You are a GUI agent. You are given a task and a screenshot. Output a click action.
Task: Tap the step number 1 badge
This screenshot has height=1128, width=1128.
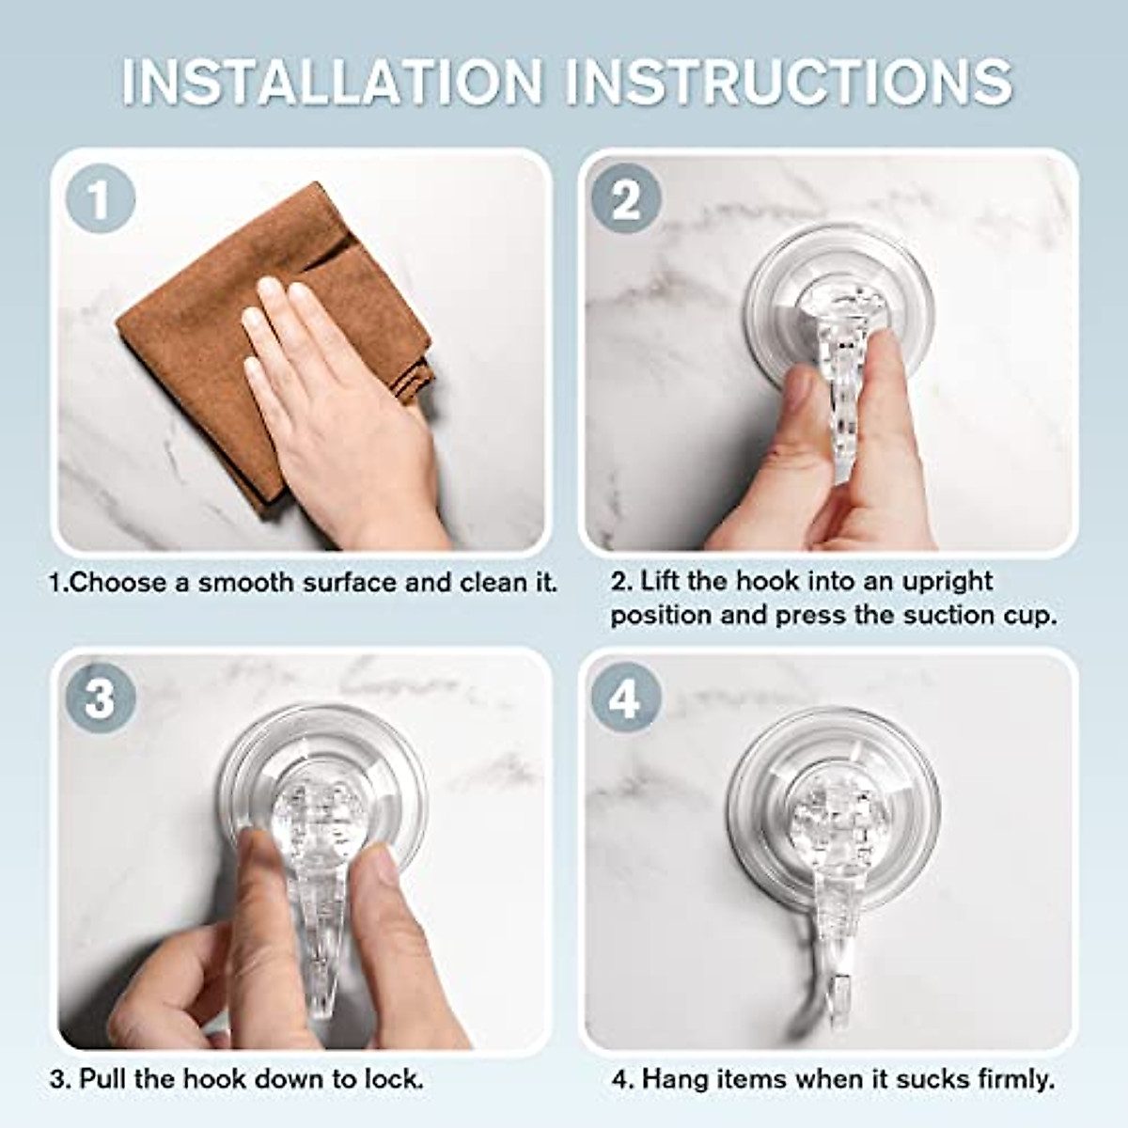(100, 200)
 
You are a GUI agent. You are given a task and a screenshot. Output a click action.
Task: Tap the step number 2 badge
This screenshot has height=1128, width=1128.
(626, 200)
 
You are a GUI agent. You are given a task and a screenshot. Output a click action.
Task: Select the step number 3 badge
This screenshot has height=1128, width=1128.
(100, 698)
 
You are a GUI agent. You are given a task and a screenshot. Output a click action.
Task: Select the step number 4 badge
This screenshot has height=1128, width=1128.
(624, 698)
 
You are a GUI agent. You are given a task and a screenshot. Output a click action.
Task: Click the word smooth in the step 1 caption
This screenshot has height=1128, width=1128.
(246, 583)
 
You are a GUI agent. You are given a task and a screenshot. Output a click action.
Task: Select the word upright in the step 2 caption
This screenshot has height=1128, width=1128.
(947, 582)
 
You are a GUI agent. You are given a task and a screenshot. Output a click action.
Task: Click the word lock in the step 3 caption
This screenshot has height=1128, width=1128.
(393, 1078)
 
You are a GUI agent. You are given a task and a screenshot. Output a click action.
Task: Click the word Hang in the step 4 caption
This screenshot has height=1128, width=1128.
(671, 1078)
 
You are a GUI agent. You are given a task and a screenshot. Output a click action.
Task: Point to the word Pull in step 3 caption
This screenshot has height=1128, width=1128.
(103, 1078)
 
